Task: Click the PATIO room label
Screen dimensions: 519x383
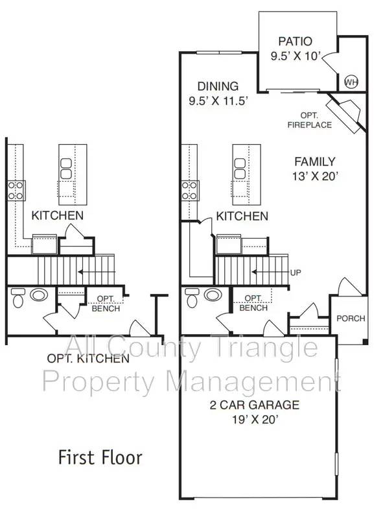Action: (x=295, y=42)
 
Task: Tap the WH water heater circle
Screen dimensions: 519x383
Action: (x=351, y=82)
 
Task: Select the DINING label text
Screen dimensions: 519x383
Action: (x=218, y=86)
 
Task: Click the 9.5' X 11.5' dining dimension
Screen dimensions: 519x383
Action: (x=218, y=101)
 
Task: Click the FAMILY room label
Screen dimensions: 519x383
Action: (x=315, y=162)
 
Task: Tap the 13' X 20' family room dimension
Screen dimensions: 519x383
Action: (x=315, y=176)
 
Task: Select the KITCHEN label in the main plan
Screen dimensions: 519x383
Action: (x=242, y=216)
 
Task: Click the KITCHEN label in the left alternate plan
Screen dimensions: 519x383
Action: (x=58, y=215)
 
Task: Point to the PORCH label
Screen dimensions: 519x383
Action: (x=351, y=319)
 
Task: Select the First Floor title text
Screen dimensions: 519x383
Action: (x=100, y=457)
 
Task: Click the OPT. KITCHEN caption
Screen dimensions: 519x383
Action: (x=87, y=358)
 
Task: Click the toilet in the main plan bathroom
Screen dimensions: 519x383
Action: (x=192, y=298)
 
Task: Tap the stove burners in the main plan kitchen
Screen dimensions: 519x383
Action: (x=189, y=190)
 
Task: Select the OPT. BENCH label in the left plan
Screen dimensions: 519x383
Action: (x=106, y=303)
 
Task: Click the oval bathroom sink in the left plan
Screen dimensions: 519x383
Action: (x=39, y=295)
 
